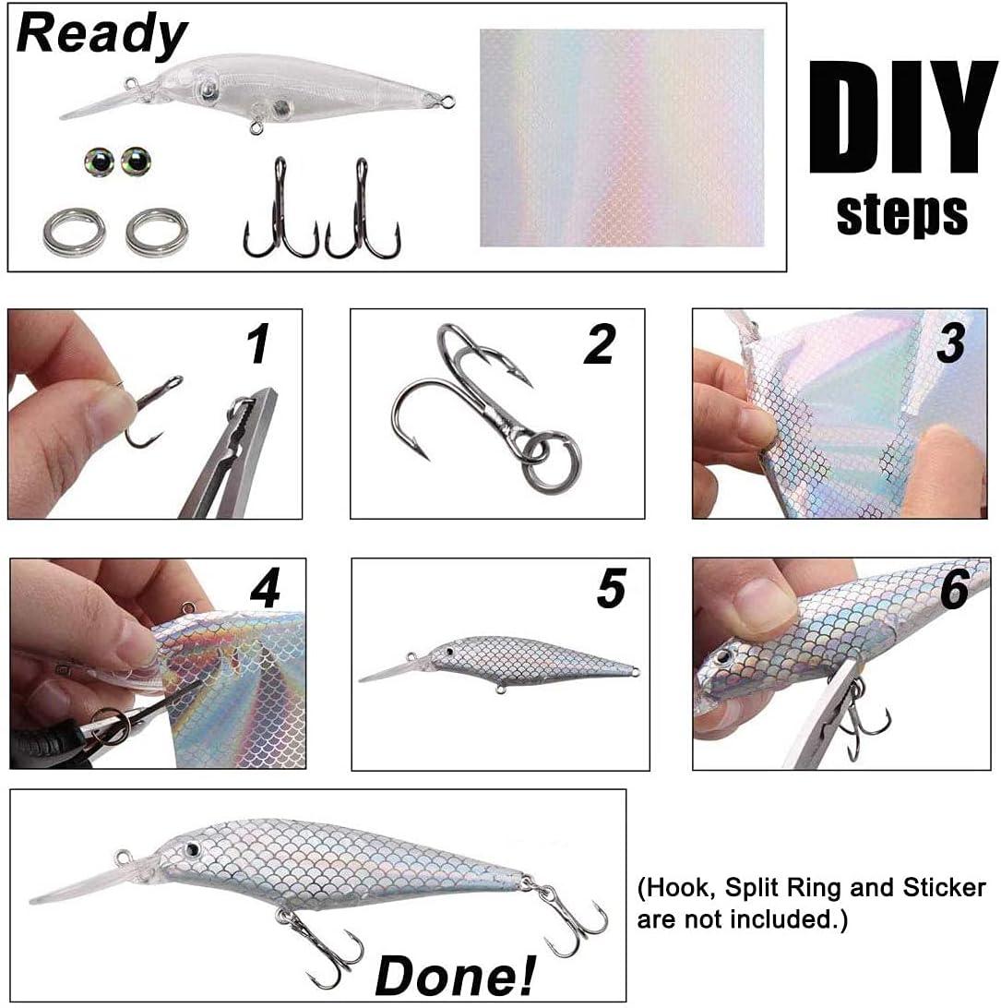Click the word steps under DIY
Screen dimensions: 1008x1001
pos(901,213)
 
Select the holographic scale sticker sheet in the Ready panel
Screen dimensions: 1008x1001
pos(622,138)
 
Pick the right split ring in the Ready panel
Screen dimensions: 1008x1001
pos(157,234)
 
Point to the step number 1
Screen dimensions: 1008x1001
pos(258,343)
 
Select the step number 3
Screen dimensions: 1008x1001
pos(949,341)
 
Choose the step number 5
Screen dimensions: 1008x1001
pos(611,589)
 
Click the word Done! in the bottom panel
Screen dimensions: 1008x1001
pos(456,973)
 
